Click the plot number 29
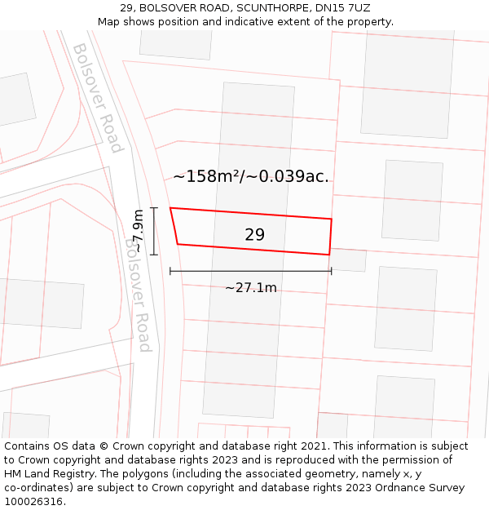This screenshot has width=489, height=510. (x=254, y=235)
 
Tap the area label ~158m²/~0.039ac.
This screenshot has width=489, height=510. (x=251, y=176)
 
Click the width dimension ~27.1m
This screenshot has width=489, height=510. (x=250, y=287)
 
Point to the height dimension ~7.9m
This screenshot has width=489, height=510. (x=138, y=231)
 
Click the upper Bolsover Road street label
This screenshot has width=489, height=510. (x=97, y=98)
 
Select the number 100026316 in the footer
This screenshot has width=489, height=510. (x=33, y=501)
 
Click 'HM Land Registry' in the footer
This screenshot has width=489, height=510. (x=46, y=473)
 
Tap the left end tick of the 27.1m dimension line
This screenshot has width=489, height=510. (x=170, y=271)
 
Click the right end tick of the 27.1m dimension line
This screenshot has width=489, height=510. (x=331, y=271)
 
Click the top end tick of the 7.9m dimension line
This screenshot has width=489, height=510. (x=153, y=208)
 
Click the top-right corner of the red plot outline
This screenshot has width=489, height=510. (x=331, y=219)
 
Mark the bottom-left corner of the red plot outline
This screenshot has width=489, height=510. (x=178, y=244)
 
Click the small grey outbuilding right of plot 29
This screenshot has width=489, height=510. (x=349, y=259)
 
